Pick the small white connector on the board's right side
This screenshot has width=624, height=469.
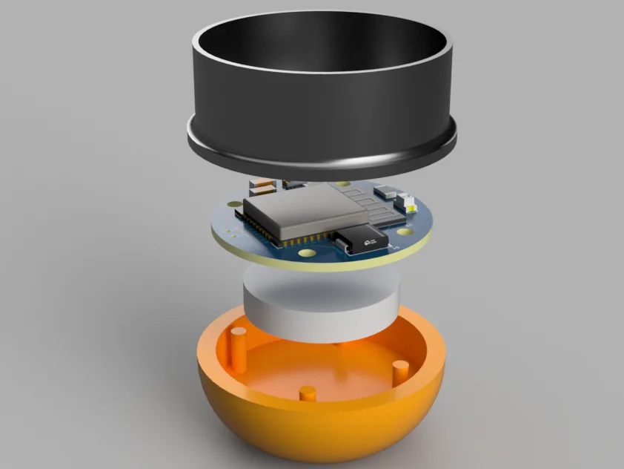[405, 200]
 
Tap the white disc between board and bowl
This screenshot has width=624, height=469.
[320, 304]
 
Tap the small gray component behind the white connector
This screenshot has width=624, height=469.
[385, 191]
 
